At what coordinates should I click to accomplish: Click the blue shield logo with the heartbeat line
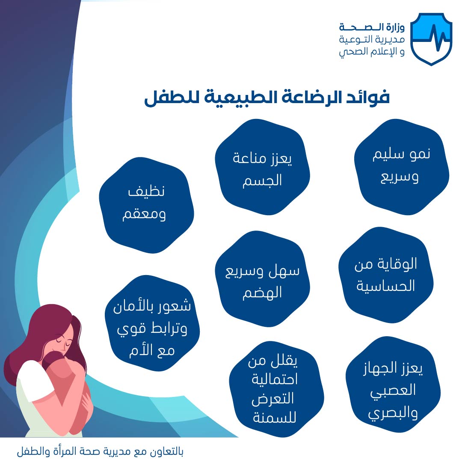pyautogui.click(x=431, y=39)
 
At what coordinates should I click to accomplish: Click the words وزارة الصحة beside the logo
pyautogui.click(x=372, y=27)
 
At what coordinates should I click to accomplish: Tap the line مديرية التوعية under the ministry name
pyautogui.click(x=372, y=39)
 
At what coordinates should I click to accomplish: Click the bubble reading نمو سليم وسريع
pyautogui.click(x=401, y=167)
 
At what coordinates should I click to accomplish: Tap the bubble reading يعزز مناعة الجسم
pyautogui.click(x=262, y=167)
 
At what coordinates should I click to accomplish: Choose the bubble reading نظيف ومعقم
pyautogui.click(x=146, y=205)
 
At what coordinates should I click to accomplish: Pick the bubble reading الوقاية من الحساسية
pyautogui.click(x=386, y=275)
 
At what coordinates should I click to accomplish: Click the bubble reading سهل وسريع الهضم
pyautogui.click(x=262, y=279)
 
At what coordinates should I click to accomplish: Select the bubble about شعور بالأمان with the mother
pyautogui.click(x=152, y=323)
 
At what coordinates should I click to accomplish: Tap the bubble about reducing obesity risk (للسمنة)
pyautogui.click(x=276, y=389)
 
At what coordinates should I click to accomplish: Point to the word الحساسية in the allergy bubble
pyautogui.click(x=386, y=286)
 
